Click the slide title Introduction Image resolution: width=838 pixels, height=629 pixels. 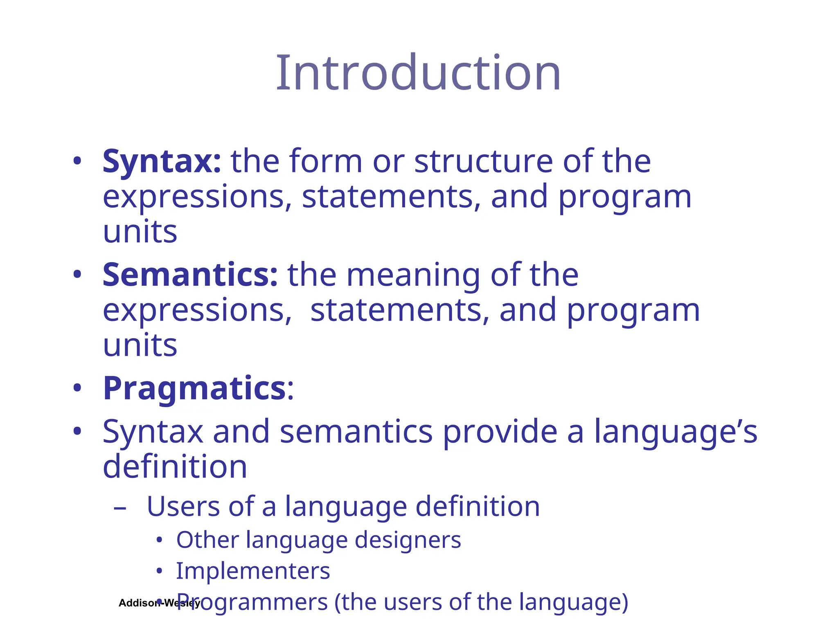tap(418, 74)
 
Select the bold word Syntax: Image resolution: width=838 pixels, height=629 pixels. tap(162, 162)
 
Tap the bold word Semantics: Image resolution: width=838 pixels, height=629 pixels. tap(190, 275)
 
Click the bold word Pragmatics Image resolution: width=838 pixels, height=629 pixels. tap(194, 389)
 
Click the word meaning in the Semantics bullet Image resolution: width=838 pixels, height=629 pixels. tap(413, 275)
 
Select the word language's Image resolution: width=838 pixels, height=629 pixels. tap(675, 432)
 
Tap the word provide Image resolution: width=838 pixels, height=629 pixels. tap(500, 432)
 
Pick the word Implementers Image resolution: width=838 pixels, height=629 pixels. tap(253, 571)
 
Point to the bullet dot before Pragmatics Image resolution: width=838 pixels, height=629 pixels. tap(77, 388)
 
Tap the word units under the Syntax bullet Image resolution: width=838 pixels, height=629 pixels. tap(140, 232)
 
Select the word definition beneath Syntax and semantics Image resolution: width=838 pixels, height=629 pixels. tap(175, 467)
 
